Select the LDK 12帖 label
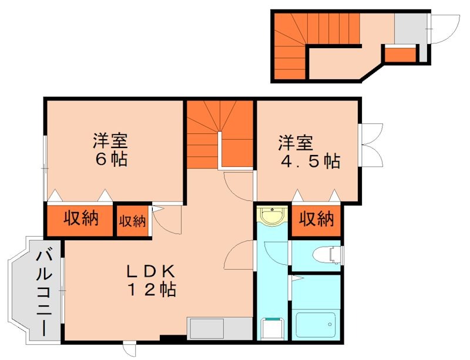(152, 280)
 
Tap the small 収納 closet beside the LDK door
(132, 221)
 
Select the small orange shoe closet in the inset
(399, 54)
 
